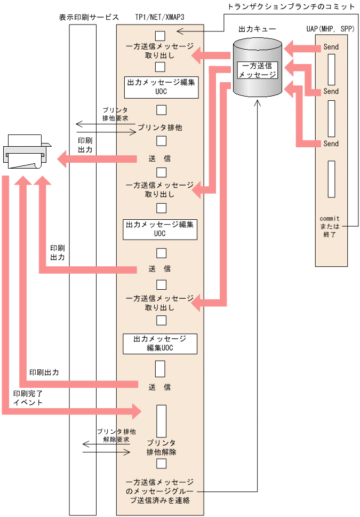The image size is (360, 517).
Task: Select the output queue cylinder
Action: (x=258, y=69)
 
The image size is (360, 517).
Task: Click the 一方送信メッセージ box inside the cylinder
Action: (x=258, y=70)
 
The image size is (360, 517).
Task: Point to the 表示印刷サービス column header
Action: (x=89, y=17)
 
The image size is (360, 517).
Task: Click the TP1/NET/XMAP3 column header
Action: (x=160, y=17)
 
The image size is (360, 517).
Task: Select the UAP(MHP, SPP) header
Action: (x=331, y=28)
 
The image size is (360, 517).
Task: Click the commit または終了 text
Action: (x=330, y=226)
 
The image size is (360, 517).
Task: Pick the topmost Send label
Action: (x=331, y=47)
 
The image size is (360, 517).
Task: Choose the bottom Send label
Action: (x=331, y=144)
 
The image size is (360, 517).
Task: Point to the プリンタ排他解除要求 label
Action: (x=116, y=435)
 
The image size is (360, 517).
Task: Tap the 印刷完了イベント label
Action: (x=28, y=397)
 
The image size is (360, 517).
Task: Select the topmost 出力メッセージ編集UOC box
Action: (x=161, y=88)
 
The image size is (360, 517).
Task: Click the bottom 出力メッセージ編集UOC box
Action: (x=160, y=344)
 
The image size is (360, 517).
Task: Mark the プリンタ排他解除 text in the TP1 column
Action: (x=161, y=447)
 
